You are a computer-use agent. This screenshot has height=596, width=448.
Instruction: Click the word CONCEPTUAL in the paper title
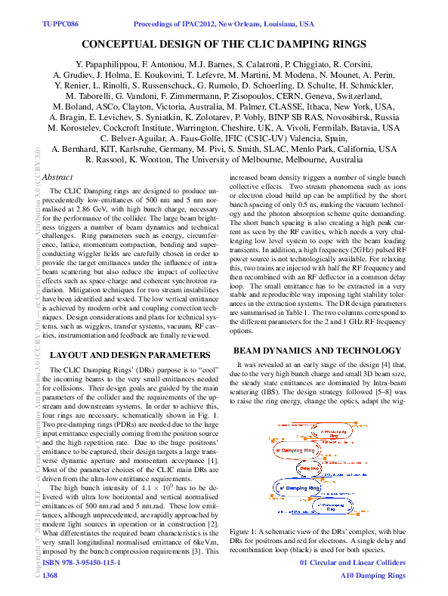122,45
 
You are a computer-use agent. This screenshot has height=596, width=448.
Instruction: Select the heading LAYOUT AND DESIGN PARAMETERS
124,354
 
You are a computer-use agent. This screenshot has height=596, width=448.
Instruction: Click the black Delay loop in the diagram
309,468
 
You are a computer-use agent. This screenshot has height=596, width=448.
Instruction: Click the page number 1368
51,576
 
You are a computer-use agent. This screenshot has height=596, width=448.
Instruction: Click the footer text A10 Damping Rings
372,576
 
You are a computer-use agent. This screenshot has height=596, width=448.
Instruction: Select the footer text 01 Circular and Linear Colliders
353,564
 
